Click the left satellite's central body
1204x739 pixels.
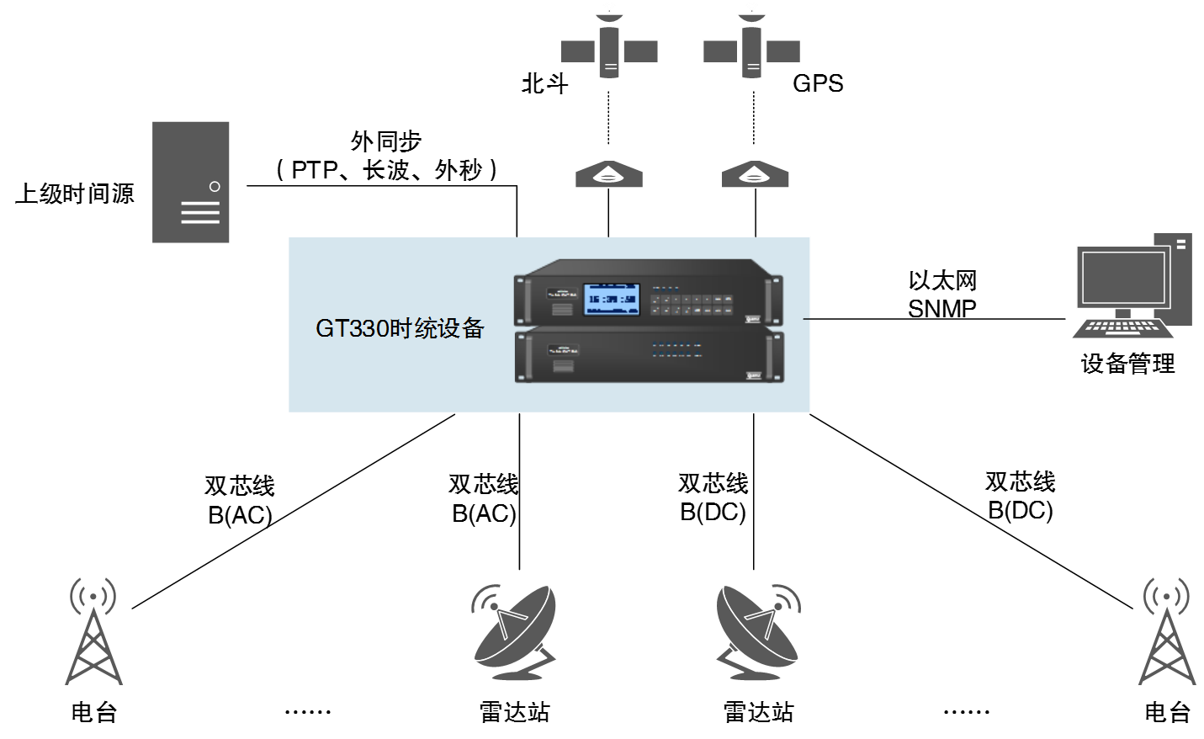pyautogui.click(x=609, y=52)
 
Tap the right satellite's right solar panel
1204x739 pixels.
pyautogui.click(x=783, y=51)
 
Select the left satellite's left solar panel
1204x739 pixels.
pyautogui.click(x=577, y=51)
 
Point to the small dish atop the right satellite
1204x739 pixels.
pyautogui.click(x=751, y=14)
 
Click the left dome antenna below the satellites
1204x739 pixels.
pyautogui.click(x=609, y=174)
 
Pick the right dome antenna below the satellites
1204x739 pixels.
pyautogui.click(x=755, y=174)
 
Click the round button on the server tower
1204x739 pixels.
pyautogui.click(x=215, y=186)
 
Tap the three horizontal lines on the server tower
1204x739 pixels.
pyautogui.click(x=200, y=213)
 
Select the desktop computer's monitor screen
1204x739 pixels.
pyautogui.click(x=1123, y=277)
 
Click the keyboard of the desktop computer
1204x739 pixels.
pyautogui.click(x=1122, y=328)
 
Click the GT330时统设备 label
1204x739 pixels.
pyautogui.click(x=400, y=328)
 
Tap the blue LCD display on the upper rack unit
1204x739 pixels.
pyautogui.click(x=612, y=299)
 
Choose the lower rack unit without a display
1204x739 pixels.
pyautogui.click(x=649, y=357)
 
